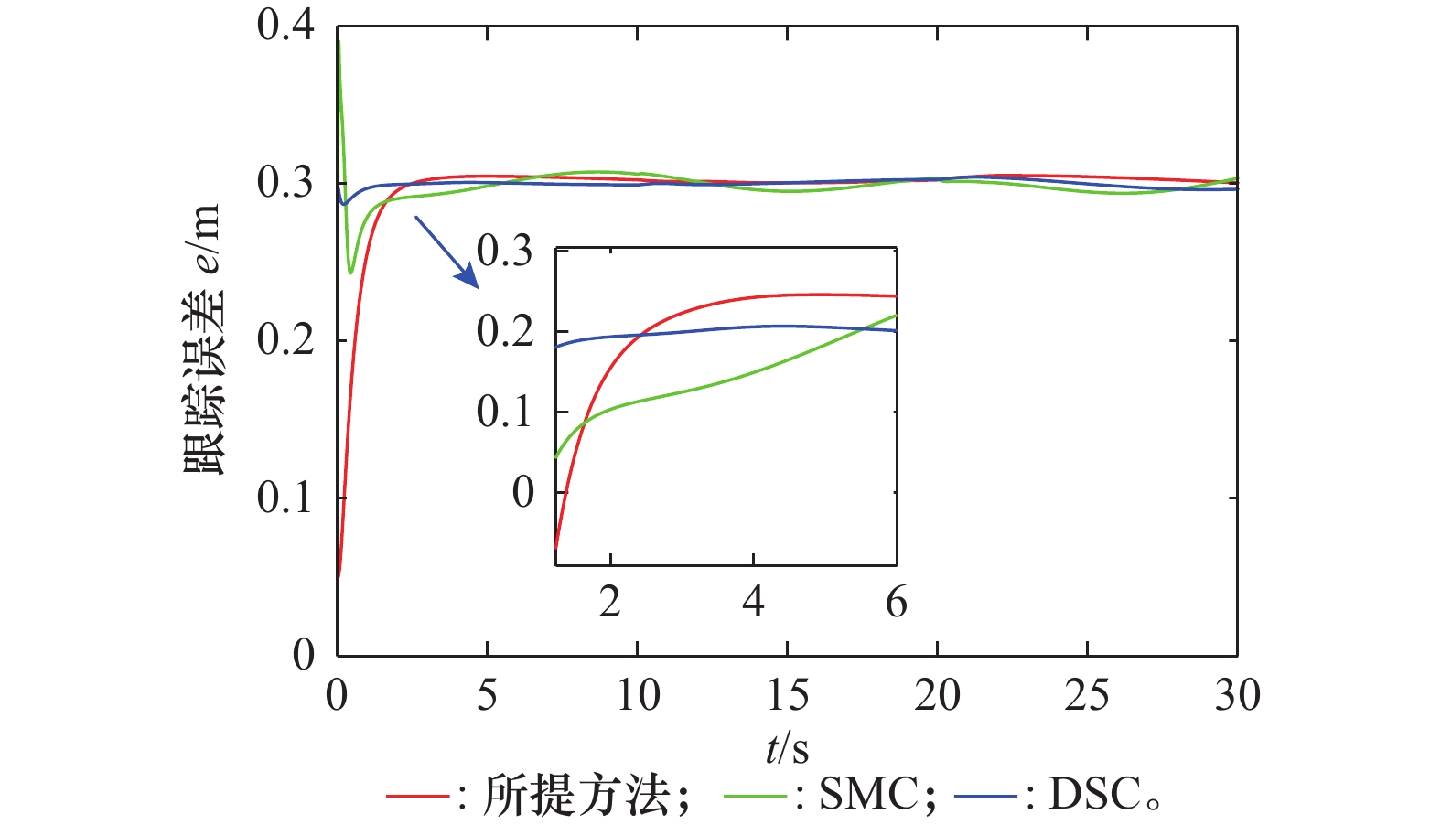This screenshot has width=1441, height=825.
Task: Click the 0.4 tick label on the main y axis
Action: tap(285, 26)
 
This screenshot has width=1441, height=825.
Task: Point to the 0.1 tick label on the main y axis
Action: tap(285, 498)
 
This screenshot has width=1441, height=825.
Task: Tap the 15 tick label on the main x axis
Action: tap(787, 696)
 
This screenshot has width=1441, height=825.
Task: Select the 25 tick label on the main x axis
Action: tap(1087, 696)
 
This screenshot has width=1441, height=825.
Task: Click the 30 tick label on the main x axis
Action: tap(1237, 696)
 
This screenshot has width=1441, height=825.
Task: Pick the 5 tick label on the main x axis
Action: tap(487, 696)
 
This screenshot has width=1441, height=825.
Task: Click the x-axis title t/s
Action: tap(787, 748)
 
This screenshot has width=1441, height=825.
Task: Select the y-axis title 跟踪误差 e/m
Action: tap(202, 338)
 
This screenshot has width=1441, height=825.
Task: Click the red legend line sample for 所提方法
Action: tap(417, 796)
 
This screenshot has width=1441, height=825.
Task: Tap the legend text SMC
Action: tap(868, 794)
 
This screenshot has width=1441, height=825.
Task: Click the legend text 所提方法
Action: tap(576, 794)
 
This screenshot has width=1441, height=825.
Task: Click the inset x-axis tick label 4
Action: tap(753, 603)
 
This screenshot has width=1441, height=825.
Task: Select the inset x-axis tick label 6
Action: tap(897, 603)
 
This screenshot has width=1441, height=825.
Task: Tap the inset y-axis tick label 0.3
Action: tap(504, 251)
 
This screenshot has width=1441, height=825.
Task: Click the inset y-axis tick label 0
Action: tap(522, 493)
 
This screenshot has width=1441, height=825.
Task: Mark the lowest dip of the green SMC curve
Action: tap(350, 272)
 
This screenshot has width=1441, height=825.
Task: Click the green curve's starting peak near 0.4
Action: tap(339, 41)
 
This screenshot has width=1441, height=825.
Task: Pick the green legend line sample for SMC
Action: tap(755, 796)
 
